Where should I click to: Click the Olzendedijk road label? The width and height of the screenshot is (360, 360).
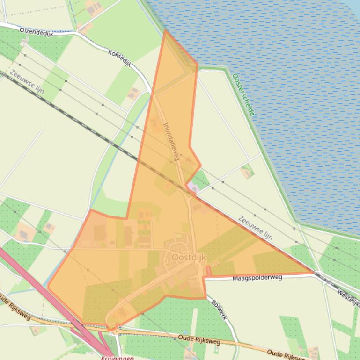point(37,31)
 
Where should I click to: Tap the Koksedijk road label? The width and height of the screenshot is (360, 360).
point(119,58)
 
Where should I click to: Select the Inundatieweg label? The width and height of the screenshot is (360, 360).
point(171,142)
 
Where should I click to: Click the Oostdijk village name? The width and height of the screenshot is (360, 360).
point(187,257)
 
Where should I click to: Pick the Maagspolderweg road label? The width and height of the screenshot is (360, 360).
point(257,278)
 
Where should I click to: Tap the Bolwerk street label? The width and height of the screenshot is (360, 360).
point(219,310)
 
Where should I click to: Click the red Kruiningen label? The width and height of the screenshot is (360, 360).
point(117,358)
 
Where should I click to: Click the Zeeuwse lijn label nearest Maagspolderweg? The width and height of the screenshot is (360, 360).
point(255,228)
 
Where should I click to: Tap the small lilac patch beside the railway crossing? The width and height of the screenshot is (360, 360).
point(192,187)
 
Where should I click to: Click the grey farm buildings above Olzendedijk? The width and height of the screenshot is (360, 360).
point(93,8)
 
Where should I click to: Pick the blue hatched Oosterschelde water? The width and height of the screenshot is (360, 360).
point(290,94)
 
